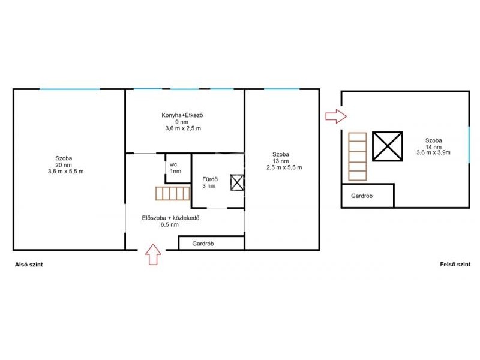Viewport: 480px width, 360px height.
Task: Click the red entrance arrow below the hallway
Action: click(x=153, y=254)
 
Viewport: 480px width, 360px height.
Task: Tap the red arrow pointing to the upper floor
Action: click(x=336, y=116)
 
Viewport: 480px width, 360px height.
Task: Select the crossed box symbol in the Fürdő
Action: click(x=237, y=182)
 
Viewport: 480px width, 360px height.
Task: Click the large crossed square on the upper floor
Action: click(x=388, y=146)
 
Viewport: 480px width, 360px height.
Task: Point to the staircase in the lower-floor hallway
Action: click(x=173, y=193)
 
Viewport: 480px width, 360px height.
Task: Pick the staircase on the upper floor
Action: click(x=357, y=157)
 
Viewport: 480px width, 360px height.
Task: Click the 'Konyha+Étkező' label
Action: click(x=182, y=115)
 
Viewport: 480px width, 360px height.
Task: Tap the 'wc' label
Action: click(x=173, y=164)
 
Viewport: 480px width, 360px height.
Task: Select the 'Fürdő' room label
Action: click(x=210, y=179)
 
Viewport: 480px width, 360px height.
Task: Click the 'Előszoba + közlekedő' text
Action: click(x=170, y=218)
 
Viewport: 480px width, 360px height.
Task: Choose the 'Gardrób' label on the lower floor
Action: click(x=203, y=244)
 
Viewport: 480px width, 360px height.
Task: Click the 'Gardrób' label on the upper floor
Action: click(x=362, y=196)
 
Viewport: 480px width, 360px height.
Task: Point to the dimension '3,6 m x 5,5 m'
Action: click(x=65, y=172)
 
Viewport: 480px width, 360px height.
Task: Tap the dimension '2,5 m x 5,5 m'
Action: click(x=284, y=167)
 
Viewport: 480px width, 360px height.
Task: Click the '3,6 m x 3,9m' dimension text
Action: click(x=433, y=152)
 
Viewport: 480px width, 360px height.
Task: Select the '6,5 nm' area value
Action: click(x=170, y=224)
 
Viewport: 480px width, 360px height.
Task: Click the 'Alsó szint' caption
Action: click(x=29, y=265)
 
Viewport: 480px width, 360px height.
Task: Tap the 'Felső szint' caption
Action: click(x=455, y=264)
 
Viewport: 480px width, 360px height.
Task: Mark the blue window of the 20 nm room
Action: click(x=70, y=89)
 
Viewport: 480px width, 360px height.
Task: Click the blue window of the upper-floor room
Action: click(x=469, y=145)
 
